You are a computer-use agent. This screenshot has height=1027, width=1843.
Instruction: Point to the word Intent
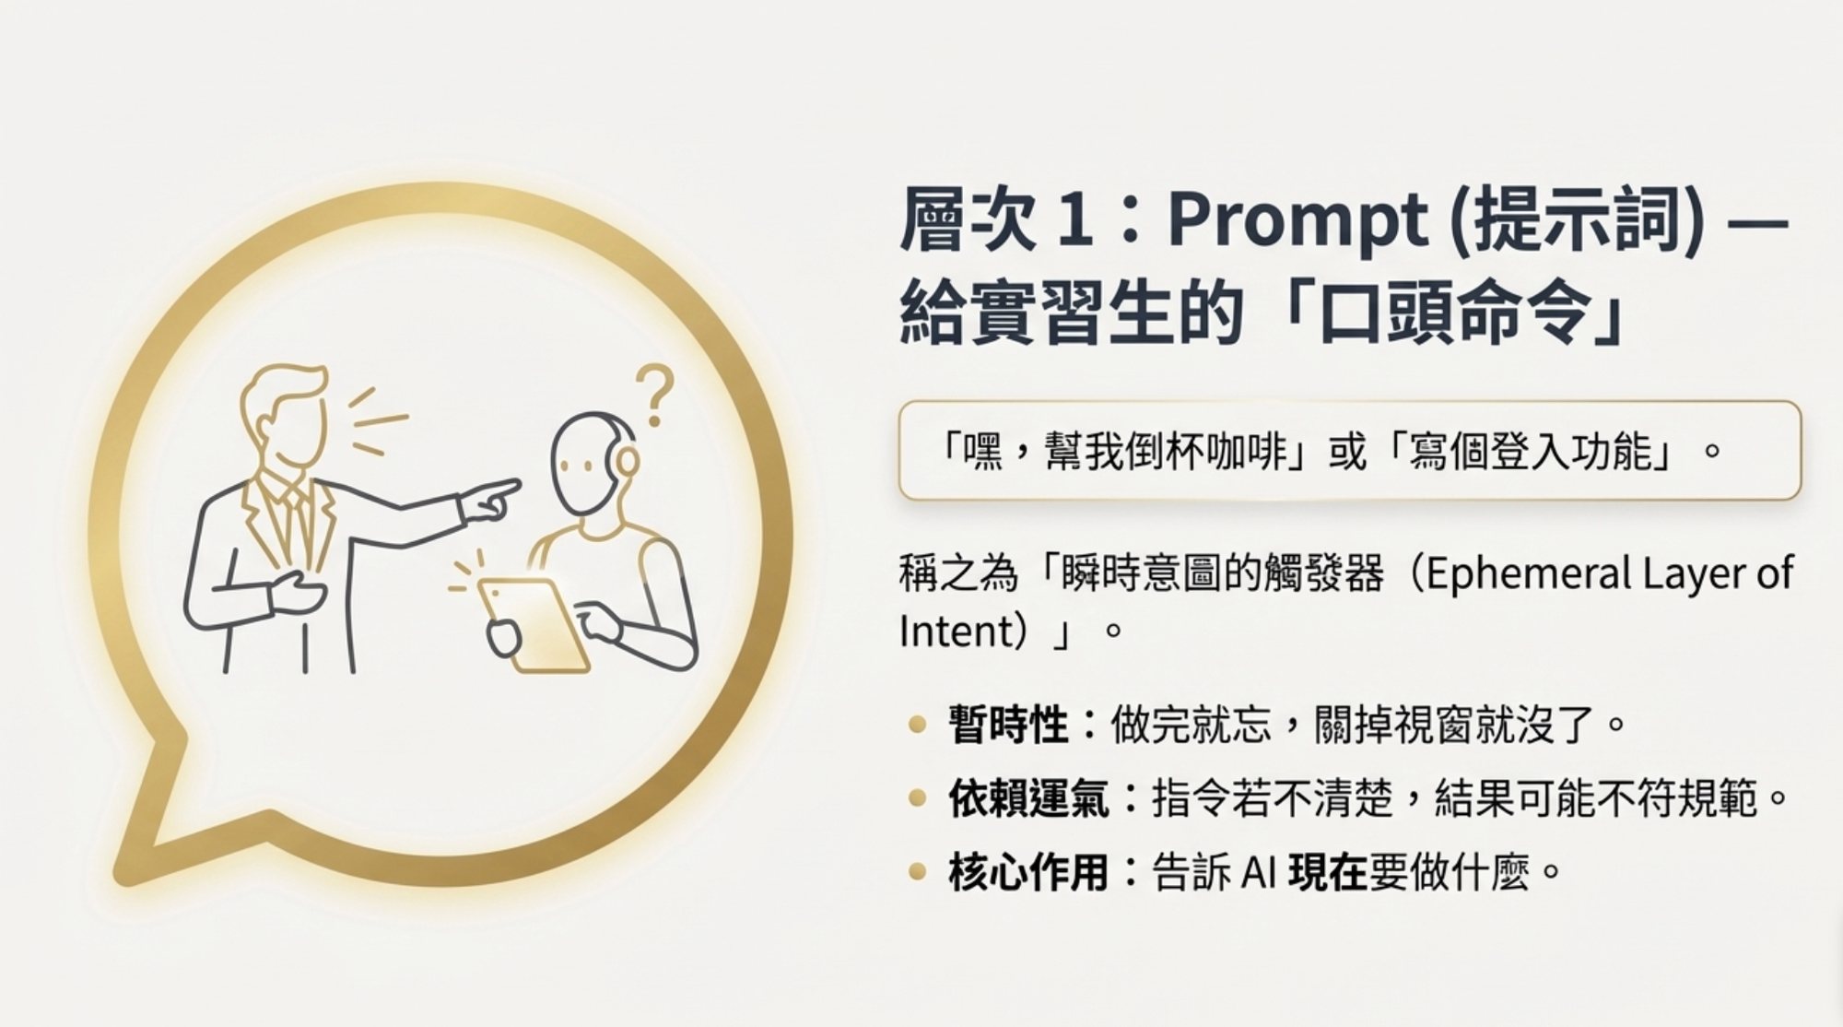coord(949,632)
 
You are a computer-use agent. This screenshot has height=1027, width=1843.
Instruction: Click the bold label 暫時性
coord(1008,725)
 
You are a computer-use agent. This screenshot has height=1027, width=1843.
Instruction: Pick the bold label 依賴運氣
coord(1028,797)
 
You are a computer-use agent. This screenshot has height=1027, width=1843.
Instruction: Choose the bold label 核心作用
coord(1028,871)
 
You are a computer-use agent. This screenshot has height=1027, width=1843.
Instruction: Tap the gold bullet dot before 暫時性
coord(916,725)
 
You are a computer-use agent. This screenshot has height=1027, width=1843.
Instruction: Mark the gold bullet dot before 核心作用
coord(916,871)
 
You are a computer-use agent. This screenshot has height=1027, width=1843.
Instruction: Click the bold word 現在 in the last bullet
coord(1327,871)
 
